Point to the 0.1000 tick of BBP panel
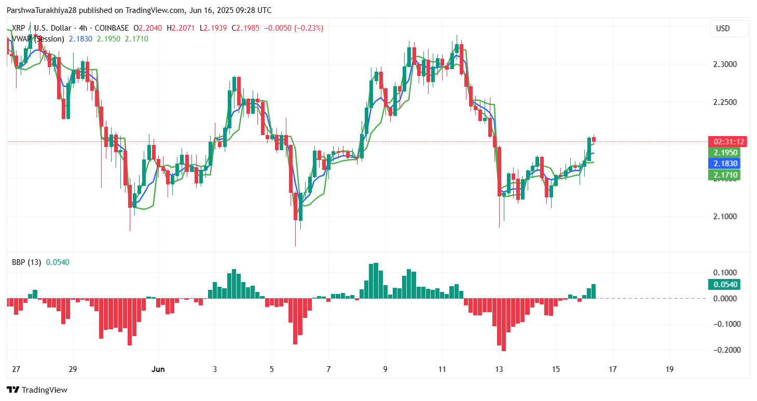pos(725,273)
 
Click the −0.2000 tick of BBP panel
pos(724,350)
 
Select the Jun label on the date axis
pos(158,369)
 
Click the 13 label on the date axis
pos(499,369)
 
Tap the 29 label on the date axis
pos(73,369)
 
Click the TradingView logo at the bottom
pos(37,390)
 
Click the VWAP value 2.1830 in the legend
pos(80,39)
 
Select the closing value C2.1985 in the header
pos(246,28)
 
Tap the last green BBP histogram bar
pos(593,291)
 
